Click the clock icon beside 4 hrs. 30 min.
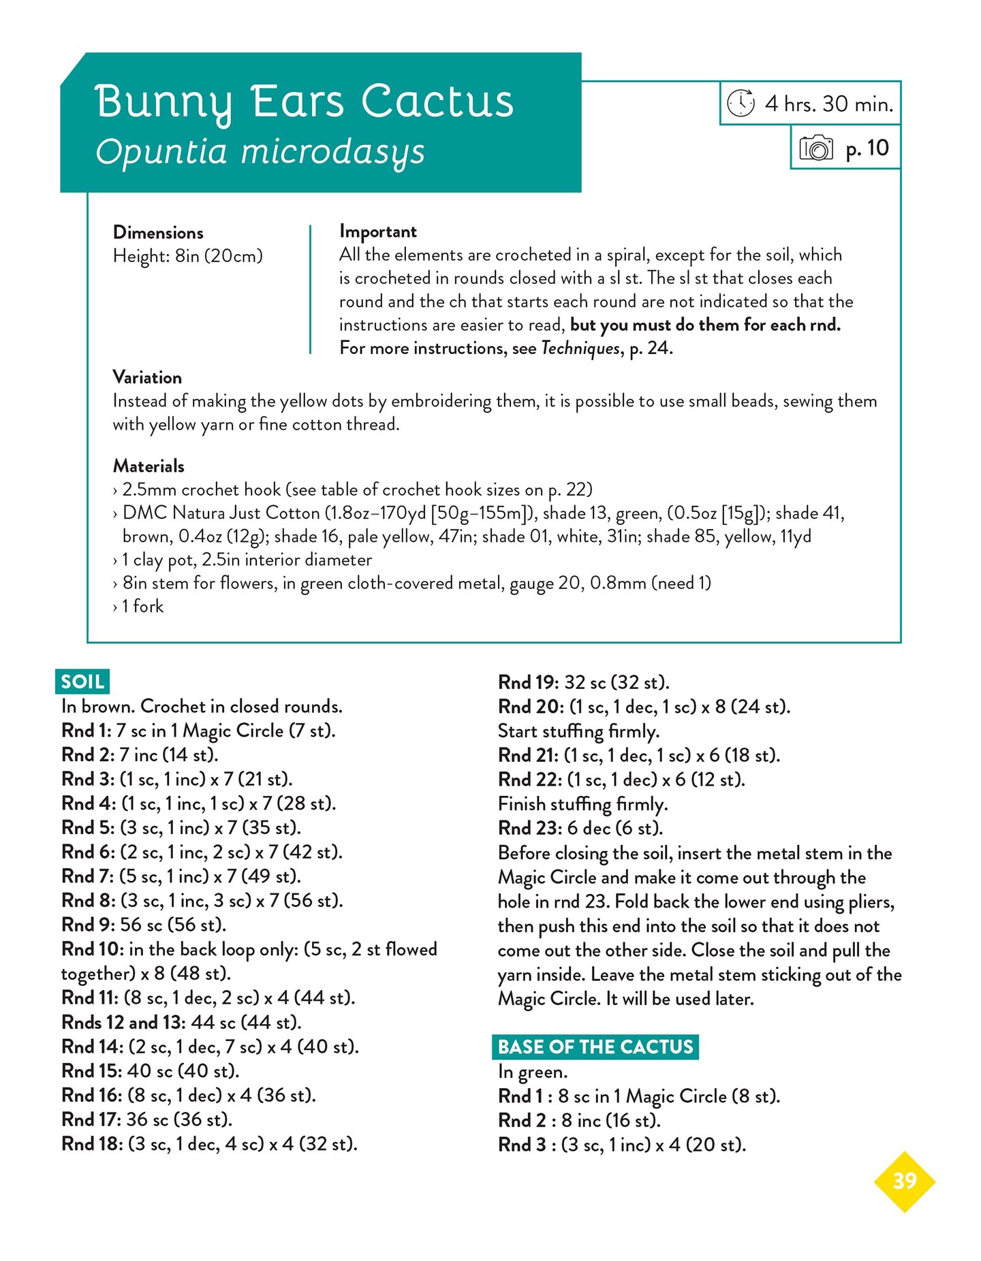point(741,103)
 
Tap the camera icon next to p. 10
point(815,148)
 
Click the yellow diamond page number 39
point(904,1181)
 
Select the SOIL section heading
point(82,682)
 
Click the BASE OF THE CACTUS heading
point(595,1047)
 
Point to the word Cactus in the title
point(437,102)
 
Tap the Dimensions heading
point(158,233)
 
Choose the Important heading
point(378,232)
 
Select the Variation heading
point(147,378)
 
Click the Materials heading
point(149,466)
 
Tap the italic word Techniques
point(580,349)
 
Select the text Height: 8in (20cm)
point(187,257)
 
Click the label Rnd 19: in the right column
point(529,682)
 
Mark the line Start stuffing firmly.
point(578,731)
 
